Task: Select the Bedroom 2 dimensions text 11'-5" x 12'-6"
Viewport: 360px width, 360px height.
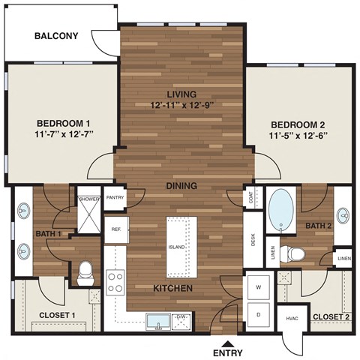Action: tap(299, 136)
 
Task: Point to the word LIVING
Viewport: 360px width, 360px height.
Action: tap(181, 94)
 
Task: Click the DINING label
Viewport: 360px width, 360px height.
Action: tap(181, 185)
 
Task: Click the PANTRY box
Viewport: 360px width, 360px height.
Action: tap(115, 198)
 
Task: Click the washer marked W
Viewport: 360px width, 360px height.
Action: tap(259, 287)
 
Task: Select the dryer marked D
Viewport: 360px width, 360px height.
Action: tap(259, 315)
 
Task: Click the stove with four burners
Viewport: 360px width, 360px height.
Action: tap(116, 282)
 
